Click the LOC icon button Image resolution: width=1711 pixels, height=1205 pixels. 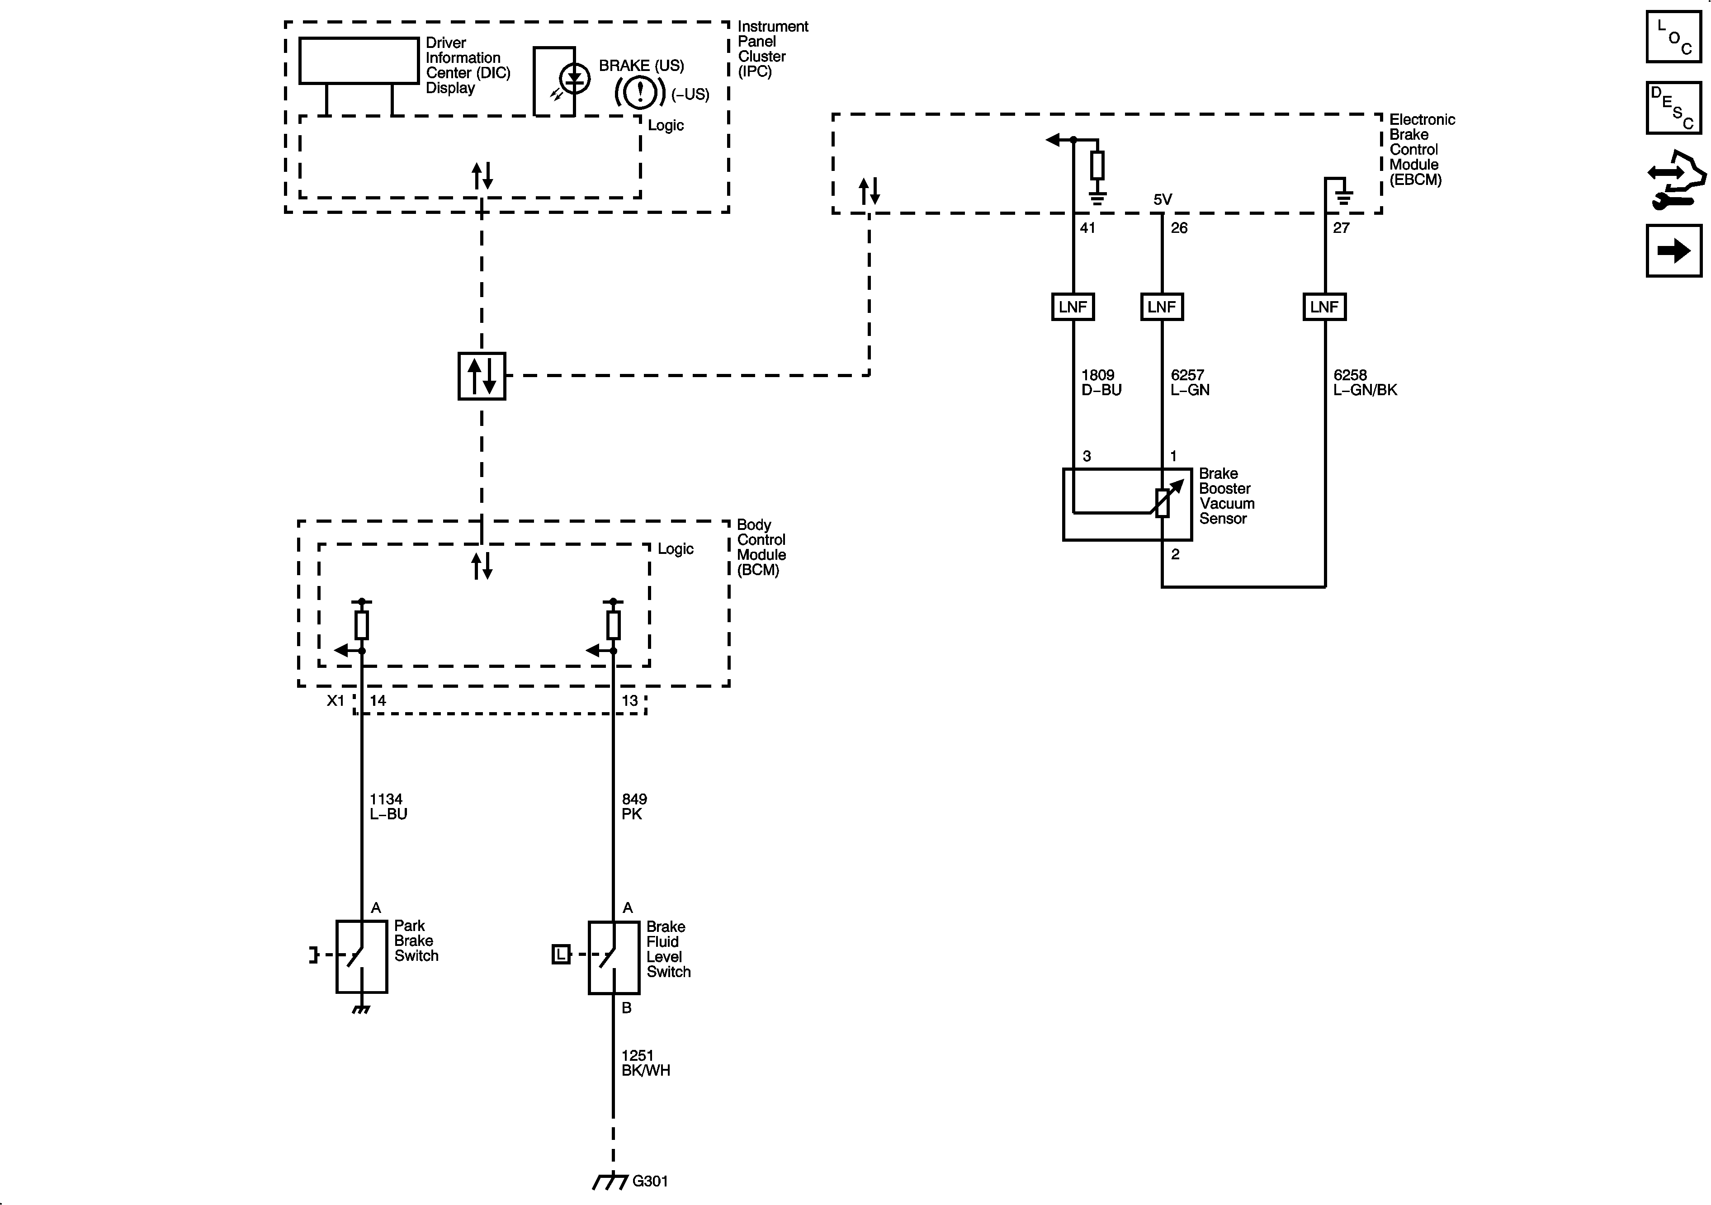(1674, 37)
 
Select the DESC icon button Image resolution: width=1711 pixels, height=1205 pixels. (1674, 108)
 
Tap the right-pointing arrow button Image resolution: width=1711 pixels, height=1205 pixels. (1674, 250)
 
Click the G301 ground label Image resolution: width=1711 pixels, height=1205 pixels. (650, 1181)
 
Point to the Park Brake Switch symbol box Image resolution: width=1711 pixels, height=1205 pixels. (361, 956)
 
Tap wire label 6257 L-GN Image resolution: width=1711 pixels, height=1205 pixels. (1189, 382)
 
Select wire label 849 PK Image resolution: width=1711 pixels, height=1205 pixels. (634, 806)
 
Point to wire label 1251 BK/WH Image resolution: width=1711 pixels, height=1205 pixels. (645, 1063)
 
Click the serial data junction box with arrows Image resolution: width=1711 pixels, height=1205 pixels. (482, 376)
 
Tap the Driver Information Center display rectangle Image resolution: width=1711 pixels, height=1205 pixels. (359, 60)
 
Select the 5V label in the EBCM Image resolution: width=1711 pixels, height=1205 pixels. (1163, 200)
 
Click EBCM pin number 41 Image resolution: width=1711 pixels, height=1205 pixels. (1087, 228)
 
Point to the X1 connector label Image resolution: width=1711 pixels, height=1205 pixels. (336, 700)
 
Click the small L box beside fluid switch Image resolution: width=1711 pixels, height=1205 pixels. (560, 954)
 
